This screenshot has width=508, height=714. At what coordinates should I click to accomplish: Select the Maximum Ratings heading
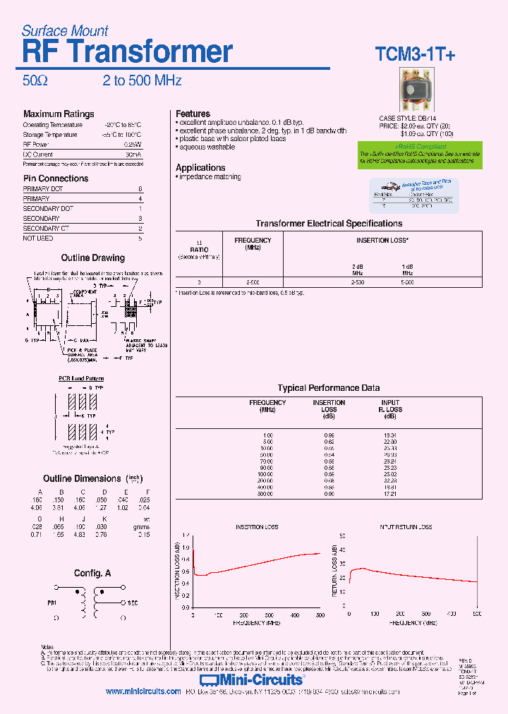tap(59, 114)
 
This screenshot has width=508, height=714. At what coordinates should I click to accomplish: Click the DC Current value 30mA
tap(133, 154)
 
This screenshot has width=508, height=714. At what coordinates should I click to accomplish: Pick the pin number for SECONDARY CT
tap(140, 229)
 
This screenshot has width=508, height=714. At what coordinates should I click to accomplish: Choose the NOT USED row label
tap(38, 238)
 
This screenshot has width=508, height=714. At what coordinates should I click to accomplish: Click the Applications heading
tap(200, 168)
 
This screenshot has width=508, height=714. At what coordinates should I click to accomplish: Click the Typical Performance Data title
tap(329, 388)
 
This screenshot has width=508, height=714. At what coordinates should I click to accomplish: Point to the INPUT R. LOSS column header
tap(390, 406)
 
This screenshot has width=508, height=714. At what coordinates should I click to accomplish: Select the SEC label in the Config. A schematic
tap(132, 603)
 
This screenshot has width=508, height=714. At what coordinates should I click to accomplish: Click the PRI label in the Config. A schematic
tap(52, 603)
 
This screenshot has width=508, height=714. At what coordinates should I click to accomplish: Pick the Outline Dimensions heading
tap(83, 479)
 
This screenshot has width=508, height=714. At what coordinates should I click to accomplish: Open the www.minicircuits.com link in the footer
tap(143, 692)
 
